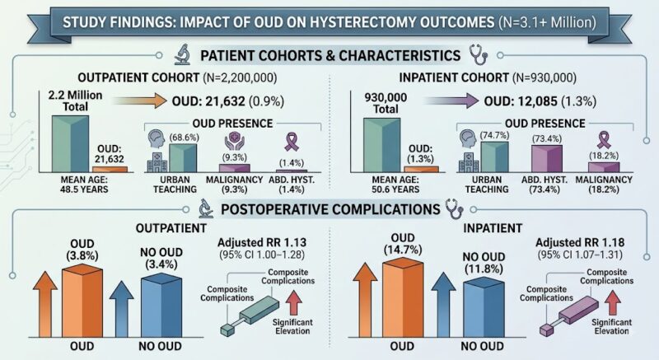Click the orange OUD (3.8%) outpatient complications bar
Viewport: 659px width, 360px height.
[x=82, y=302]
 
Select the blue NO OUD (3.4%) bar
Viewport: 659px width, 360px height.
[x=161, y=306]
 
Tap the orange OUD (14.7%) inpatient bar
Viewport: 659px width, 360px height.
[x=403, y=297]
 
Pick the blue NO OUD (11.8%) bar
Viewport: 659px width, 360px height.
[x=484, y=307]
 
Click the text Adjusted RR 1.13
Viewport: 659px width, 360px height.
[x=262, y=242]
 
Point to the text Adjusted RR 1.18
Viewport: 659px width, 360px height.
[x=580, y=242]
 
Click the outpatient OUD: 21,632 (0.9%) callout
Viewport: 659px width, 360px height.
[x=228, y=101]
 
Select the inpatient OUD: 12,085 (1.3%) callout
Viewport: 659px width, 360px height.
[x=540, y=101]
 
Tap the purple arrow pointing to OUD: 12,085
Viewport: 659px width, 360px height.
[x=451, y=101]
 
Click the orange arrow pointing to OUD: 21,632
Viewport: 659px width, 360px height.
[x=140, y=101]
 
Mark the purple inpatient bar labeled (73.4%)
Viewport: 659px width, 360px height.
[x=547, y=158]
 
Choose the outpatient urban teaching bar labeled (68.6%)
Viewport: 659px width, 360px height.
[x=183, y=158]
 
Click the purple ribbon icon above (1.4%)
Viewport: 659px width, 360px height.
[x=292, y=142]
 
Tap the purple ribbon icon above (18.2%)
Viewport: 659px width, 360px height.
[x=604, y=140]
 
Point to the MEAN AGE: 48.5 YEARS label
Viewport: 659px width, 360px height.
[x=84, y=185]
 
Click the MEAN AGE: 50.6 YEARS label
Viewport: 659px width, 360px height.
[x=395, y=185]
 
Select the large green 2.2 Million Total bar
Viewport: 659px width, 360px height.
[x=70, y=143]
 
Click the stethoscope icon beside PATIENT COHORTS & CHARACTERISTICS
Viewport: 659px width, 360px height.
[x=479, y=56]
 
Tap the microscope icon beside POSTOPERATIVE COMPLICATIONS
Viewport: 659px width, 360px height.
[x=206, y=208]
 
